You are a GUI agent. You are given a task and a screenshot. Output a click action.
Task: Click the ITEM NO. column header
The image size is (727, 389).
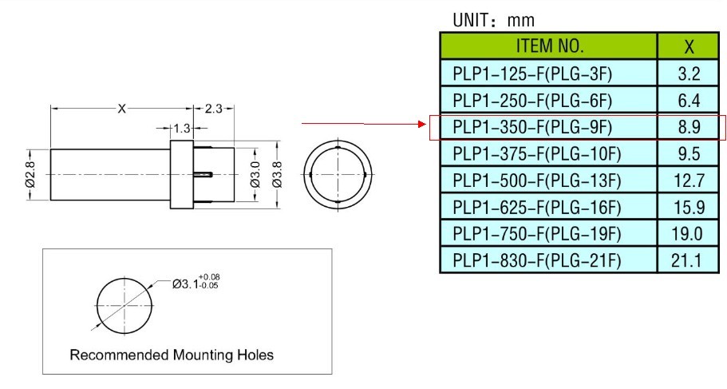pyautogui.click(x=549, y=46)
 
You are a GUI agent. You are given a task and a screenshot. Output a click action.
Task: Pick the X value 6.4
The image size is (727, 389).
pyautogui.click(x=688, y=101)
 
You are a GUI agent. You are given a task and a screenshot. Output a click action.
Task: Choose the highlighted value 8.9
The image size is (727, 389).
pyautogui.click(x=688, y=127)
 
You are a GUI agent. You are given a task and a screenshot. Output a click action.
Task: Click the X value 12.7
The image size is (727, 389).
pyautogui.click(x=688, y=180)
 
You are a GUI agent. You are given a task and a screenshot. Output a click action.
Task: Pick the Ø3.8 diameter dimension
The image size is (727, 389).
pyautogui.click(x=277, y=173)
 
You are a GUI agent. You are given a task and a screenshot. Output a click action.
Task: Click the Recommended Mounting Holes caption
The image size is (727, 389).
pyautogui.click(x=172, y=355)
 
